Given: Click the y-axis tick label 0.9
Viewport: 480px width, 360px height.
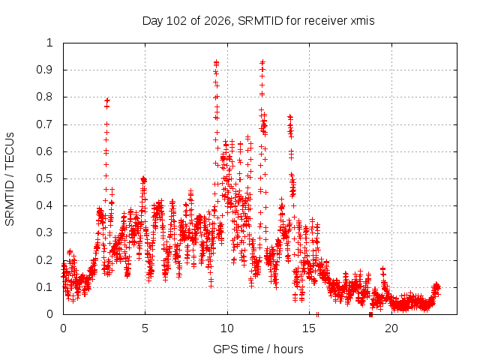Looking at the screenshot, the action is tap(44, 70).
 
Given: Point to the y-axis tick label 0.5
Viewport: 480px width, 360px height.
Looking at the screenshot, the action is tap(44, 178).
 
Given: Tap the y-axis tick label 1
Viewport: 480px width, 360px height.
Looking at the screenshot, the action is tap(49, 43).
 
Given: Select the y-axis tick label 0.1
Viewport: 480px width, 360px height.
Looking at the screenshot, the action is tap(44, 287).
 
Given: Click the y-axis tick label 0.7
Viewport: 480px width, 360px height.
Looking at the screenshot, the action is tap(44, 124).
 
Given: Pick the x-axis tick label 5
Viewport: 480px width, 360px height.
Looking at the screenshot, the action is tap(145, 328).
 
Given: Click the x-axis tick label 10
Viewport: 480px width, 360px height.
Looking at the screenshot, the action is tap(227, 328).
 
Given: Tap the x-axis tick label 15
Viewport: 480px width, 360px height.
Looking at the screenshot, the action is tap(309, 328).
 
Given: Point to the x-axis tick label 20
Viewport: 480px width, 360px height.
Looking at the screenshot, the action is tap(391, 328).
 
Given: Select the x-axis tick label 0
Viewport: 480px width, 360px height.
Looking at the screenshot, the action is tap(63, 328).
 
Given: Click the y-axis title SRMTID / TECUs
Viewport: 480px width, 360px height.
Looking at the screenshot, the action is tap(10, 179).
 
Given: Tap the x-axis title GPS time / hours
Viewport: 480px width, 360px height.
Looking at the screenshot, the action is tap(258, 349).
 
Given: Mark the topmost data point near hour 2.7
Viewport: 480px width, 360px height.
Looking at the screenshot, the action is tap(107, 100).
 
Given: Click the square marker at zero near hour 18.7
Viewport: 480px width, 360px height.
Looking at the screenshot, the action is tap(370, 314).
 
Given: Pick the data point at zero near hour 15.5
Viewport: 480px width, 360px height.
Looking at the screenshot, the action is tap(317, 314).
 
